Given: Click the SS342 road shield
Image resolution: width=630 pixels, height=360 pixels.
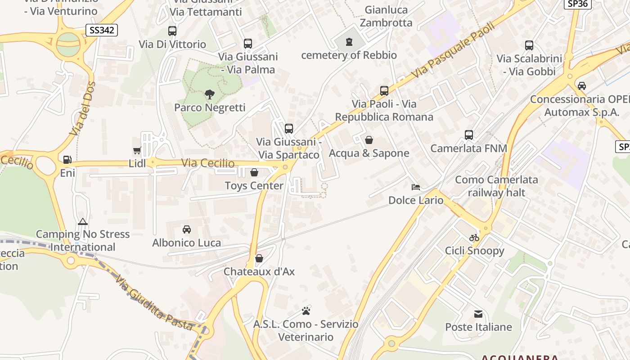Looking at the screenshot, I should pyautogui.click(x=102, y=31).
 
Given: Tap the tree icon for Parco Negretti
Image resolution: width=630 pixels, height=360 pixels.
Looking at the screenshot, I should pyautogui.click(x=209, y=94).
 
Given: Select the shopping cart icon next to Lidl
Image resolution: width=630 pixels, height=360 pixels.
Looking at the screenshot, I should pyautogui.click(x=137, y=151).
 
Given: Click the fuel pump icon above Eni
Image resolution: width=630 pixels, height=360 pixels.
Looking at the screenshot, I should pyautogui.click(x=67, y=159).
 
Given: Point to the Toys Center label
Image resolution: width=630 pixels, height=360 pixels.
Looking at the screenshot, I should pyautogui.click(x=254, y=185).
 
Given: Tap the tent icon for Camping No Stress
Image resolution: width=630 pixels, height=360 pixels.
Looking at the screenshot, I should pyautogui.click(x=82, y=221).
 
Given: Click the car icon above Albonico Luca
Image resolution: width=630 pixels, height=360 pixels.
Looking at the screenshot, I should pyautogui.click(x=187, y=229).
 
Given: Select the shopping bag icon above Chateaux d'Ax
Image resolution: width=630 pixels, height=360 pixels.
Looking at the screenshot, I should pyautogui.click(x=259, y=258).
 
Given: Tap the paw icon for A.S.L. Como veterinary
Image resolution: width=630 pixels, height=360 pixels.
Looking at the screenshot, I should pyautogui.click(x=306, y=311).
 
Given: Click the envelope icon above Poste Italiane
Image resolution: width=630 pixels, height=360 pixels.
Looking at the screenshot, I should pyautogui.click(x=478, y=314).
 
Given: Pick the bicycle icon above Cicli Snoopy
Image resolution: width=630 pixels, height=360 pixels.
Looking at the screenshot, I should pyautogui.click(x=474, y=238).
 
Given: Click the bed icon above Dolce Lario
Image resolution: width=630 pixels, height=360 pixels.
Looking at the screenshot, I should pyautogui.click(x=416, y=187).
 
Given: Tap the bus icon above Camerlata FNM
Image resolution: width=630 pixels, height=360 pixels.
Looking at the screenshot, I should pyautogui.click(x=469, y=135).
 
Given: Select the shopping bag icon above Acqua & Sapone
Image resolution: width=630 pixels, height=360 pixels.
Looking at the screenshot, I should pyautogui.click(x=369, y=140).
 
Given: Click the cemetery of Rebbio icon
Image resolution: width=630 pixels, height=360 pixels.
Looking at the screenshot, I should pyautogui.click(x=349, y=42).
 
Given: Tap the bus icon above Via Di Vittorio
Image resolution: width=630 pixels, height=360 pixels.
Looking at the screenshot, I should pyautogui.click(x=172, y=31).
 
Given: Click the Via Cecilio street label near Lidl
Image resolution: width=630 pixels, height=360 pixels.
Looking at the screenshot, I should pyautogui.click(x=208, y=163).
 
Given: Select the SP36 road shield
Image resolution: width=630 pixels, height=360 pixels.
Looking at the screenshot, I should pyautogui.click(x=577, y=4).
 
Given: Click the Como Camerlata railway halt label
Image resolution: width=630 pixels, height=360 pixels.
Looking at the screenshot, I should pyautogui.click(x=496, y=186).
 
